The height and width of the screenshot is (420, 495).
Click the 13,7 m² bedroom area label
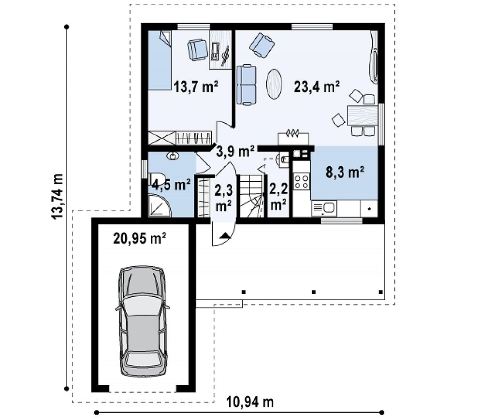(196, 86)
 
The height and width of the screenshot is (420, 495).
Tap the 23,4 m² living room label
(317, 86)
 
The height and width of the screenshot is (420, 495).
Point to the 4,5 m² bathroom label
(171, 184)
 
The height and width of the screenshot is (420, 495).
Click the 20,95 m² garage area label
(140, 238)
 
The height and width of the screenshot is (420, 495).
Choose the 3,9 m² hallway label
(235, 151)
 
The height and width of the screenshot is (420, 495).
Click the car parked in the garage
(143, 321)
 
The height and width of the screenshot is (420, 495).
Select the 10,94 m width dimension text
(250, 402)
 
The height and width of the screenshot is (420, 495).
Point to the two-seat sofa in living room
(246, 85)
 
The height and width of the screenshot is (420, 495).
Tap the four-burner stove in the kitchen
(301, 181)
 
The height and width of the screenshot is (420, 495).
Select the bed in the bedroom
(160, 60)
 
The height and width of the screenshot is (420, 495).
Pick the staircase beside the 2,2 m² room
(251, 196)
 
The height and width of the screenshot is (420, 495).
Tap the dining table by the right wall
(363, 116)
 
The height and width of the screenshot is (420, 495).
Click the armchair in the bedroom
(198, 49)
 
